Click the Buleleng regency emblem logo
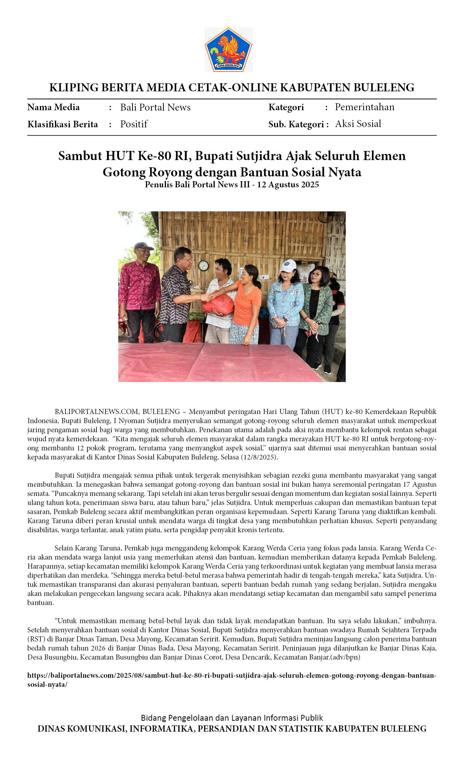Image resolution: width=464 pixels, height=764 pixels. (x=228, y=50)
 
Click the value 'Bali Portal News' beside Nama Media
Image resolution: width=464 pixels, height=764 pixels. (x=155, y=107)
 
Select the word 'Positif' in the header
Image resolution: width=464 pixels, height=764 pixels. (x=134, y=124)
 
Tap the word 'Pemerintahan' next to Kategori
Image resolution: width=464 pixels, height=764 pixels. (x=364, y=107)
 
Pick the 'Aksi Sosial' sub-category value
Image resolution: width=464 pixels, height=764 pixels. (x=358, y=124)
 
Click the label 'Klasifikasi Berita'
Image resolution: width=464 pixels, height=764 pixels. (x=63, y=124)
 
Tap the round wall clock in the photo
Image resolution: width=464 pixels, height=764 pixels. (x=203, y=266)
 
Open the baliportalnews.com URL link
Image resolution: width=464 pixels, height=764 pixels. (x=231, y=676)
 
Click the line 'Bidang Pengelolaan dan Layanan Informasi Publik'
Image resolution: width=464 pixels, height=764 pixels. (x=232, y=718)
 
